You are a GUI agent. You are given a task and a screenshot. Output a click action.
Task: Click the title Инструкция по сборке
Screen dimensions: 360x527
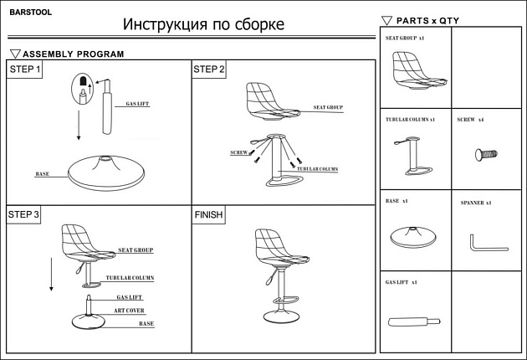pyautogui.click(x=203, y=24)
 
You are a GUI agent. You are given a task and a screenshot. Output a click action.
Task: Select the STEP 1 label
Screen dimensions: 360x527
pyautogui.click(x=25, y=69)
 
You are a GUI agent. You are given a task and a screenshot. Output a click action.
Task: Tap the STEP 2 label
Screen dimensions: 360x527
pyautogui.click(x=209, y=69)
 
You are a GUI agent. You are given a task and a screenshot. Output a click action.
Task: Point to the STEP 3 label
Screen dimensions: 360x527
pyautogui.click(x=24, y=215)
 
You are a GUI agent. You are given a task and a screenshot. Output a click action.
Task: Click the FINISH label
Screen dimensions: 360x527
pyautogui.click(x=209, y=215)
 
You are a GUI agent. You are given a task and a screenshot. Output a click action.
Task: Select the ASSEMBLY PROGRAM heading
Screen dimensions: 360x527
pyautogui.click(x=73, y=54)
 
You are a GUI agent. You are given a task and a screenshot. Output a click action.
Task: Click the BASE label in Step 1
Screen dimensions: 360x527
pyautogui.click(x=42, y=174)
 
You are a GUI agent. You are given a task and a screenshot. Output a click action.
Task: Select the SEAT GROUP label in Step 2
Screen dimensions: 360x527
pyautogui.click(x=328, y=108)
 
